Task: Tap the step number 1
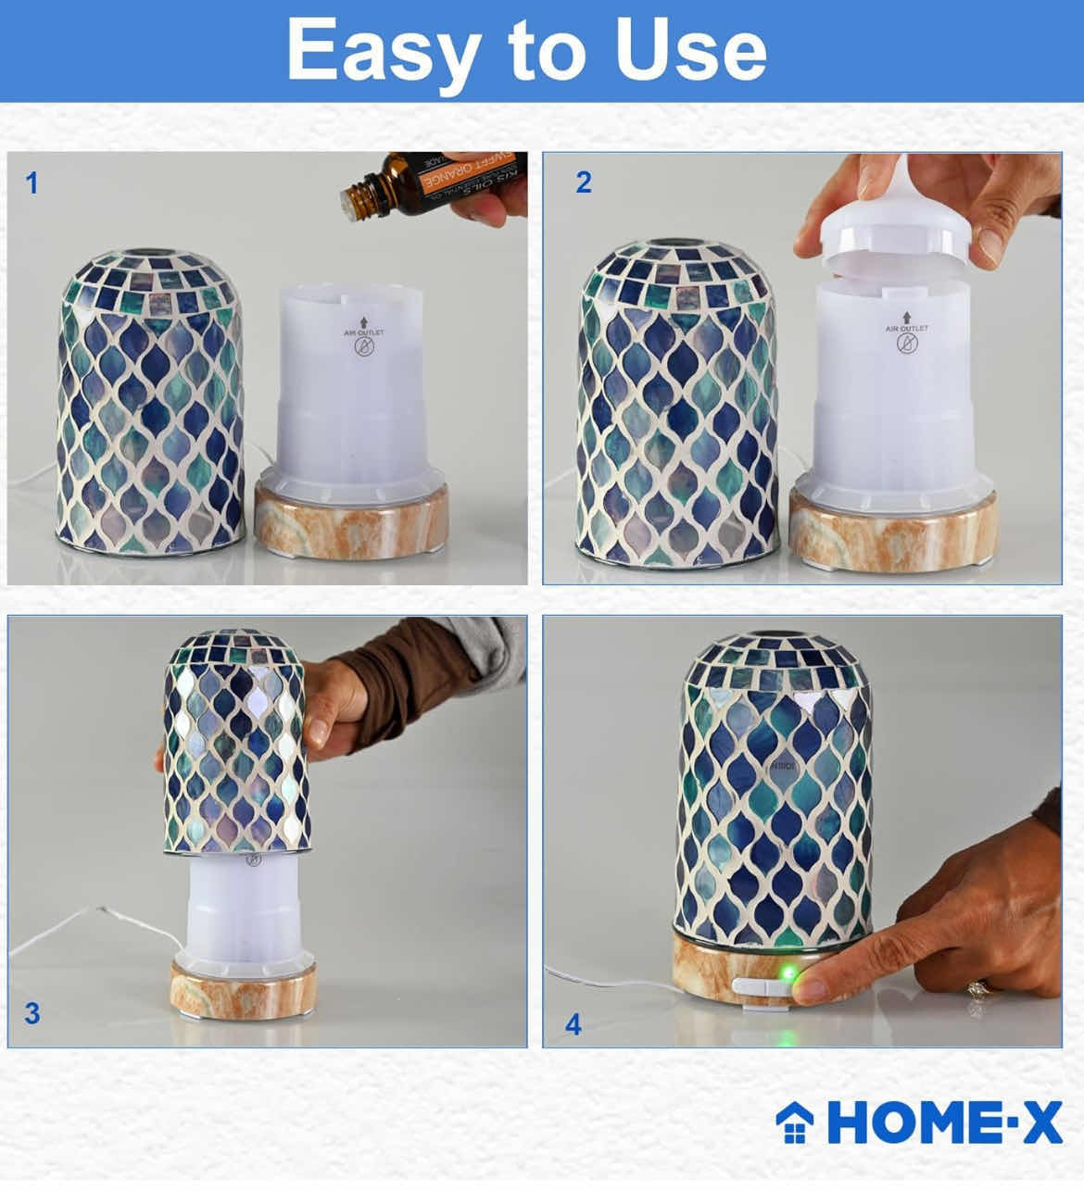tap(32, 183)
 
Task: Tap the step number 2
tap(583, 182)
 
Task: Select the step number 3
tap(32, 1013)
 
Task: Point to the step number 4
tap(574, 1024)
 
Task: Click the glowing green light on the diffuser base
tap(787, 974)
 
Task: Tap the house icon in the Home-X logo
tap(795, 1122)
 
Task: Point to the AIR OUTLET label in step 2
tap(906, 329)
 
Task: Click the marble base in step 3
tap(243, 989)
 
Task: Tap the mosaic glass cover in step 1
tap(150, 398)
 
